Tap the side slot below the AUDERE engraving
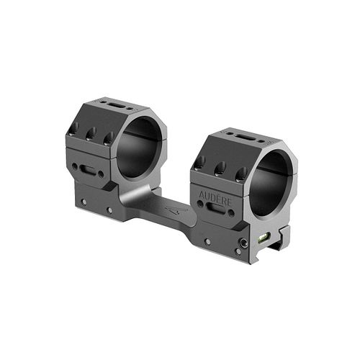(215, 207)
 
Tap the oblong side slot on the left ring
(88, 169)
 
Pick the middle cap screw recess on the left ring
(91, 134)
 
